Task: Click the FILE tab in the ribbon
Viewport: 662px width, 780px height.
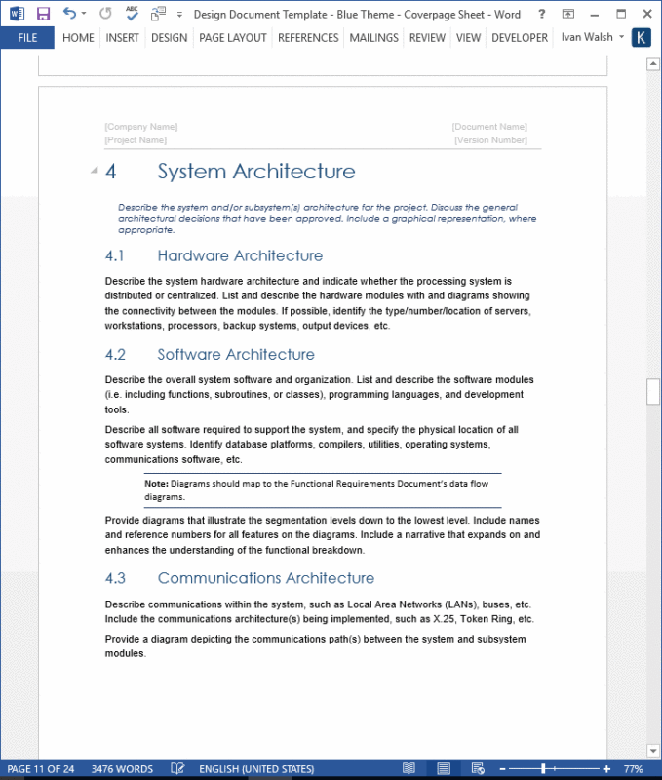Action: point(27,38)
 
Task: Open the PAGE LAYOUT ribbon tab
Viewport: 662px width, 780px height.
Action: point(233,38)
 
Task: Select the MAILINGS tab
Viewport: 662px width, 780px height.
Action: point(373,38)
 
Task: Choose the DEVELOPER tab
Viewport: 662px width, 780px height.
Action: point(519,38)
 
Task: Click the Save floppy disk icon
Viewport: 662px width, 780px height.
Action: point(43,14)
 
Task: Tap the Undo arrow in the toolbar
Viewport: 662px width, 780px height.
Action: point(69,14)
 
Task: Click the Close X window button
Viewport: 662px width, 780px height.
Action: point(644,14)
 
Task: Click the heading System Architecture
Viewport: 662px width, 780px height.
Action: point(255,172)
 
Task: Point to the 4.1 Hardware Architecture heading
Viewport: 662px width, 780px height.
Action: point(239,255)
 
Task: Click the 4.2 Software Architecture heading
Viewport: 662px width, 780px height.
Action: point(235,354)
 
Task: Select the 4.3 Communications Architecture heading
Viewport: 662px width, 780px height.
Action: point(265,578)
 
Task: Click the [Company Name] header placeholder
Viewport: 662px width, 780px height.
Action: point(141,127)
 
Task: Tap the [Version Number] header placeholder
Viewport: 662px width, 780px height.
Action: point(490,140)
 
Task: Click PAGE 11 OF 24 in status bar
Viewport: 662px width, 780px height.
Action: point(41,769)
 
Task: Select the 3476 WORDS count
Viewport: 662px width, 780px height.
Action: point(122,769)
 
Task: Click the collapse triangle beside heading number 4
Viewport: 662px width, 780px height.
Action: point(95,171)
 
